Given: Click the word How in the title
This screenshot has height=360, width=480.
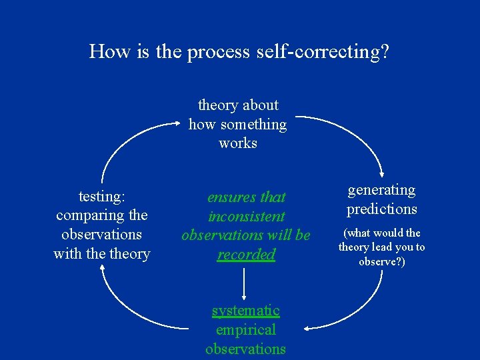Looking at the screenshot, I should (x=109, y=51).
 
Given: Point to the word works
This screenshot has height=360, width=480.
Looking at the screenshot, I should (x=238, y=143).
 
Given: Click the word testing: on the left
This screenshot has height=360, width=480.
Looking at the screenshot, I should (x=101, y=196).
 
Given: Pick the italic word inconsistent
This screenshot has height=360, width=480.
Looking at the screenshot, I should (x=246, y=216).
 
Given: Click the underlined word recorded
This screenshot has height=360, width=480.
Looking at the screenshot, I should (x=246, y=254).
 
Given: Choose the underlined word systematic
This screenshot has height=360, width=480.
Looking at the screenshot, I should (x=245, y=311).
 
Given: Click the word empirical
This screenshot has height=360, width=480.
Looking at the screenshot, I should (x=245, y=329).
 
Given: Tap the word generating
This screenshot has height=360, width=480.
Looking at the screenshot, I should (x=381, y=190).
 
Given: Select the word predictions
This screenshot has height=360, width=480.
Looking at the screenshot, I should (x=381, y=209).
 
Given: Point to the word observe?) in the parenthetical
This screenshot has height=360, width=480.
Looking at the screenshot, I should (x=381, y=261).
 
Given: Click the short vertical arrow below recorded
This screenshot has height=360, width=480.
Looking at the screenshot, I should (x=245, y=283).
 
